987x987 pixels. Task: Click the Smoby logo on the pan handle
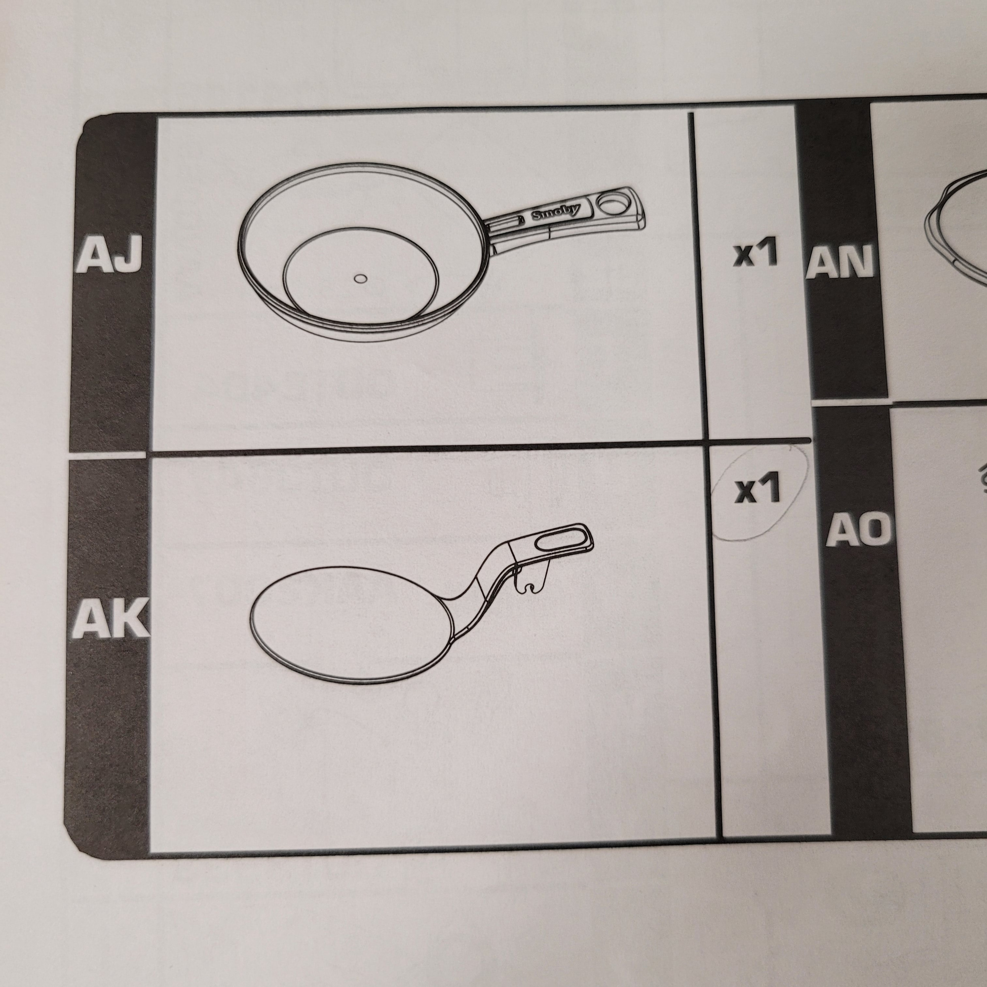[556, 211]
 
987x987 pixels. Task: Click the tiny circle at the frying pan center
[361, 279]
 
